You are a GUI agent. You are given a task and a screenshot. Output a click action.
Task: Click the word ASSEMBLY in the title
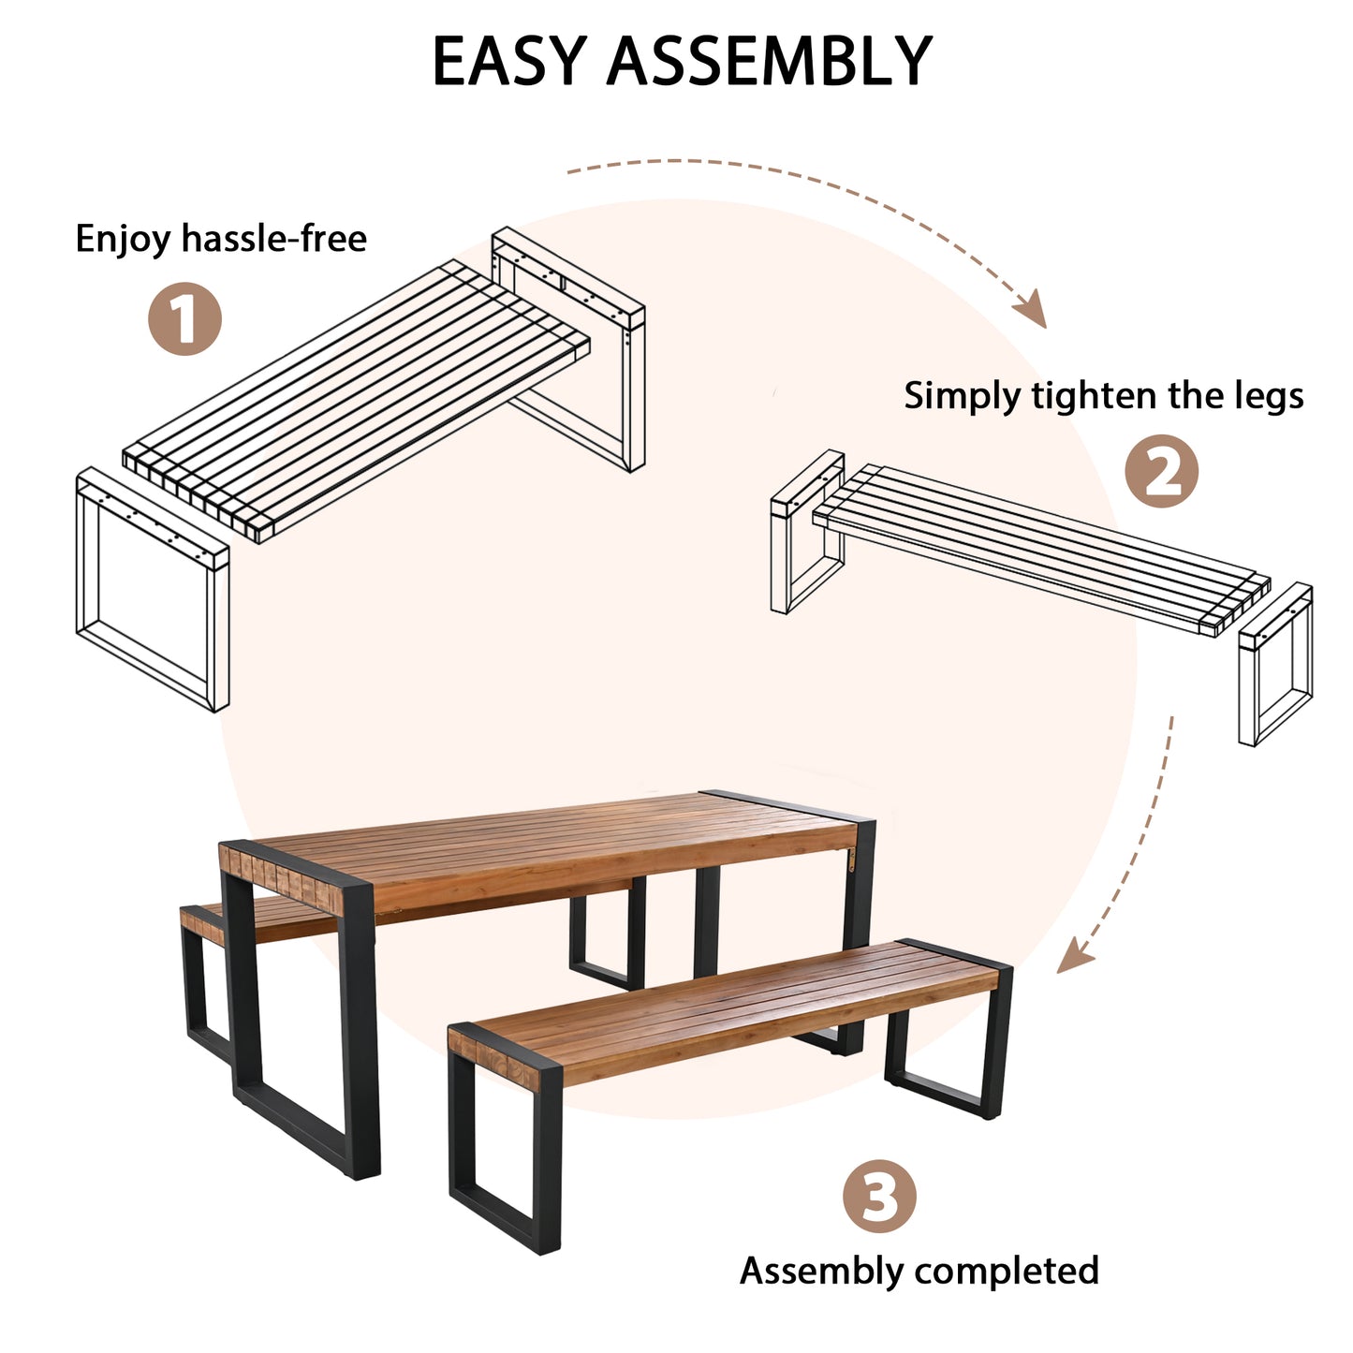(x=769, y=62)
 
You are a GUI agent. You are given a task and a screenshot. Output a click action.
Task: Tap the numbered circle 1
(x=184, y=319)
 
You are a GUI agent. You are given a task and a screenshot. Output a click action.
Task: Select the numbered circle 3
(x=878, y=1196)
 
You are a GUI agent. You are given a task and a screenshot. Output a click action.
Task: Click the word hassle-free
(x=273, y=239)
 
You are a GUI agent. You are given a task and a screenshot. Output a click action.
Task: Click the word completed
(x=1006, y=1271)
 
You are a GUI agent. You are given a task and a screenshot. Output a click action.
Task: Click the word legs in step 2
(x=1268, y=396)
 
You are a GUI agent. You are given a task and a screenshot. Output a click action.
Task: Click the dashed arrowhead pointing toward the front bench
(x=1074, y=957)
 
